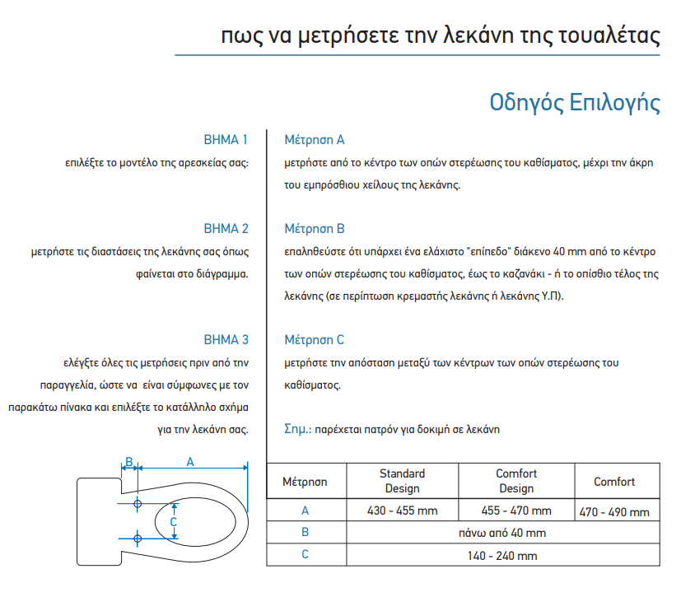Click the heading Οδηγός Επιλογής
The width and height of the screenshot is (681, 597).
pyautogui.click(x=574, y=102)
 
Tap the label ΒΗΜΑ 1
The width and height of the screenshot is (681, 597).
pyautogui.click(x=226, y=139)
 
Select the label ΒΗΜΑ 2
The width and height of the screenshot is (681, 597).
pyautogui.click(x=226, y=228)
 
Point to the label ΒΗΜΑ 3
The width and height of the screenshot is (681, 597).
pyautogui.click(x=226, y=339)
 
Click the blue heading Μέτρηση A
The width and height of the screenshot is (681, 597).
pyautogui.click(x=314, y=140)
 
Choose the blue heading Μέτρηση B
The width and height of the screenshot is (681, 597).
pyautogui.click(x=314, y=228)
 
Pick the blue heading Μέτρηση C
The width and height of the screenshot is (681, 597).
pyautogui.click(x=314, y=339)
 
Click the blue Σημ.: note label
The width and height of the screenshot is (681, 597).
pyautogui.click(x=296, y=429)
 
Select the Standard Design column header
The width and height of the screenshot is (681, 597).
pyautogui.click(x=402, y=481)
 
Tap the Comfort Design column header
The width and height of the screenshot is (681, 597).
pyautogui.click(x=515, y=481)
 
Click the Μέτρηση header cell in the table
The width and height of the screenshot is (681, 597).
pyautogui.click(x=306, y=481)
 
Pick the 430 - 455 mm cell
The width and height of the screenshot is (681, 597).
pyautogui.click(x=402, y=511)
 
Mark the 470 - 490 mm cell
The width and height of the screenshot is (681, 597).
pyautogui.click(x=614, y=511)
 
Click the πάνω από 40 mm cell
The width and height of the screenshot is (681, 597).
pyautogui.click(x=501, y=533)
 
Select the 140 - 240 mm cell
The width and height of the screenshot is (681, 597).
pyautogui.click(x=501, y=555)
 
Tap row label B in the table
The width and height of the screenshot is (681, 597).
pyautogui.click(x=305, y=533)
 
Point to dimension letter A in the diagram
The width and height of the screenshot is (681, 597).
pyautogui.click(x=190, y=462)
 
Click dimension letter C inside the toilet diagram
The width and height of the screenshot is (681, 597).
pyautogui.click(x=173, y=521)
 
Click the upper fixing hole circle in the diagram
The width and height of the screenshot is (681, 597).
pyautogui.click(x=138, y=503)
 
